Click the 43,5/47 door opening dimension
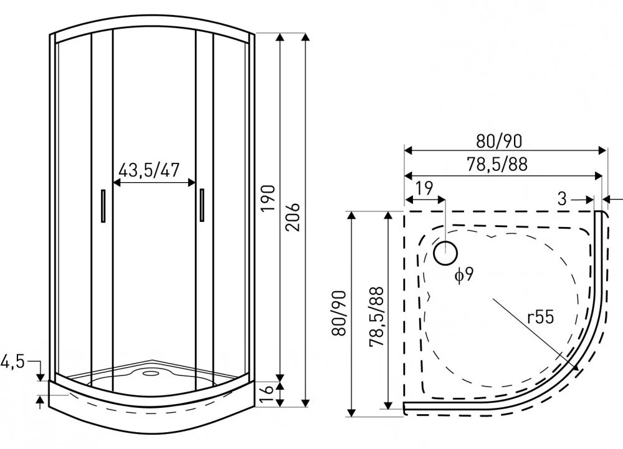point(149,170)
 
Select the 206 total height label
point(293,217)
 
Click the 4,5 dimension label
point(12,362)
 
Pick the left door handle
point(103,206)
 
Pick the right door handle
point(202,205)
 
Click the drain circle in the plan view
point(445,253)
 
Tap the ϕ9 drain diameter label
point(464,274)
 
